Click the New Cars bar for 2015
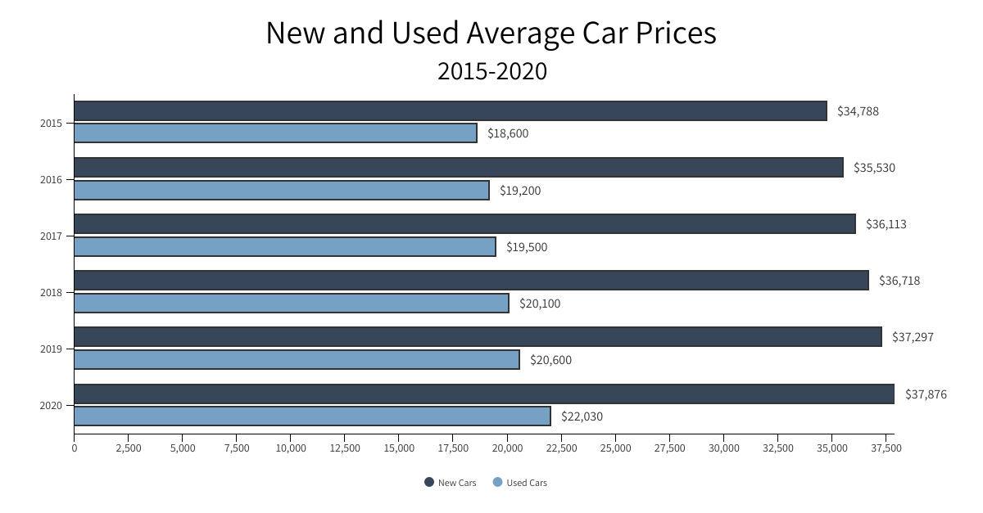451,111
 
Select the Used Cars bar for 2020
312,416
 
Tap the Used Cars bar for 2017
285,247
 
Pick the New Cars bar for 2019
478,337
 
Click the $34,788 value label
858,111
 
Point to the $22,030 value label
582,416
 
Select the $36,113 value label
886,224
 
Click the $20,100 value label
540,304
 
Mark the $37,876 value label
926,394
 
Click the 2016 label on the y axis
51,180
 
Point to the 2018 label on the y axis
51,293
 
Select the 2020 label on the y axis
51,406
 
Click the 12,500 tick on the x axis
345,448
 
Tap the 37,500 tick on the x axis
886,448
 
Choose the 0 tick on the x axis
75,448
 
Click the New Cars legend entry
450,483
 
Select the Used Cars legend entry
519,483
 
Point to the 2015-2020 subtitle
491,72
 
